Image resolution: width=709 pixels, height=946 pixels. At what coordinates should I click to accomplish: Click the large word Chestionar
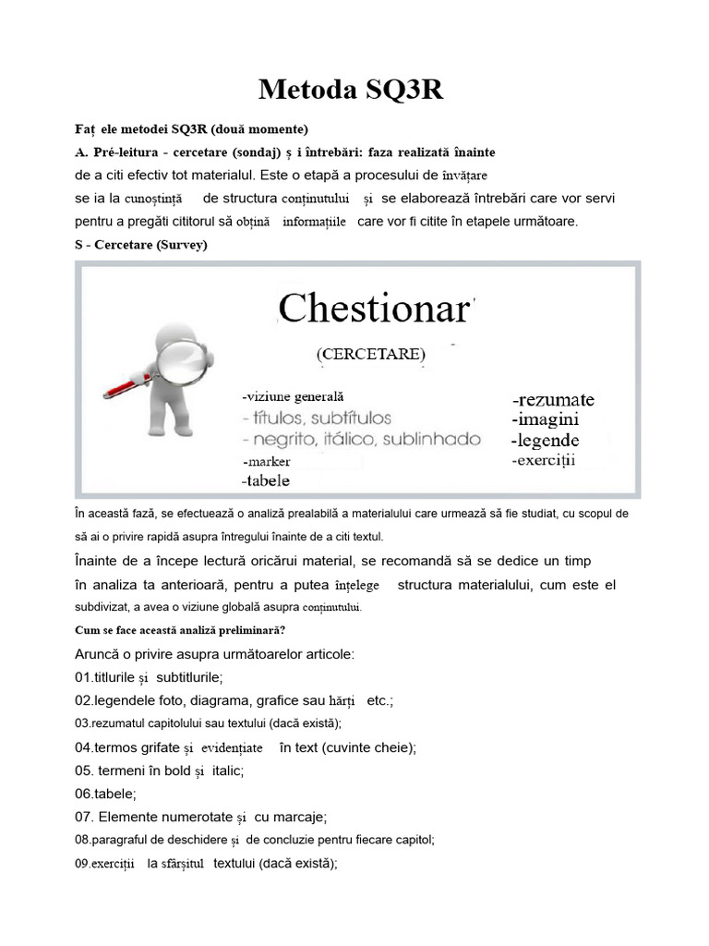click(x=374, y=309)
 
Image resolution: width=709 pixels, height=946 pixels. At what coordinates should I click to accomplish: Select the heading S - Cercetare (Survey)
click(x=140, y=245)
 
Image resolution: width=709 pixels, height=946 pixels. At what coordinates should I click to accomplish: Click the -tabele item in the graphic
click(x=265, y=480)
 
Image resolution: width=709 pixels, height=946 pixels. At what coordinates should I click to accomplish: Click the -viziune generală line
click(x=292, y=395)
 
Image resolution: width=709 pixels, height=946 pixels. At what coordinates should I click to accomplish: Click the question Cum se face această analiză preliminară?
click(x=180, y=631)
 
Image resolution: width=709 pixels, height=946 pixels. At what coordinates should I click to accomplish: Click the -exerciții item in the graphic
click(x=544, y=459)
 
